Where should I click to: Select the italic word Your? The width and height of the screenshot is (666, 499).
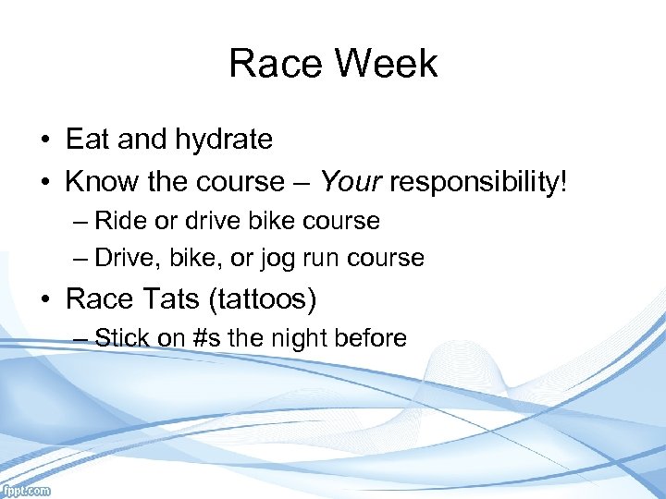click(x=351, y=181)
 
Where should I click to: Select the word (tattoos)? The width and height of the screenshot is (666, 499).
click(x=268, y=298)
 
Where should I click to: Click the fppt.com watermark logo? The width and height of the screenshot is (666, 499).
click(x=26, y=491)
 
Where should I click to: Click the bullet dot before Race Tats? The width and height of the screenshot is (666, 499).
click(x=44, y=299)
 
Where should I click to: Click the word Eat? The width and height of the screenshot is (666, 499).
click(x=89, y=140)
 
